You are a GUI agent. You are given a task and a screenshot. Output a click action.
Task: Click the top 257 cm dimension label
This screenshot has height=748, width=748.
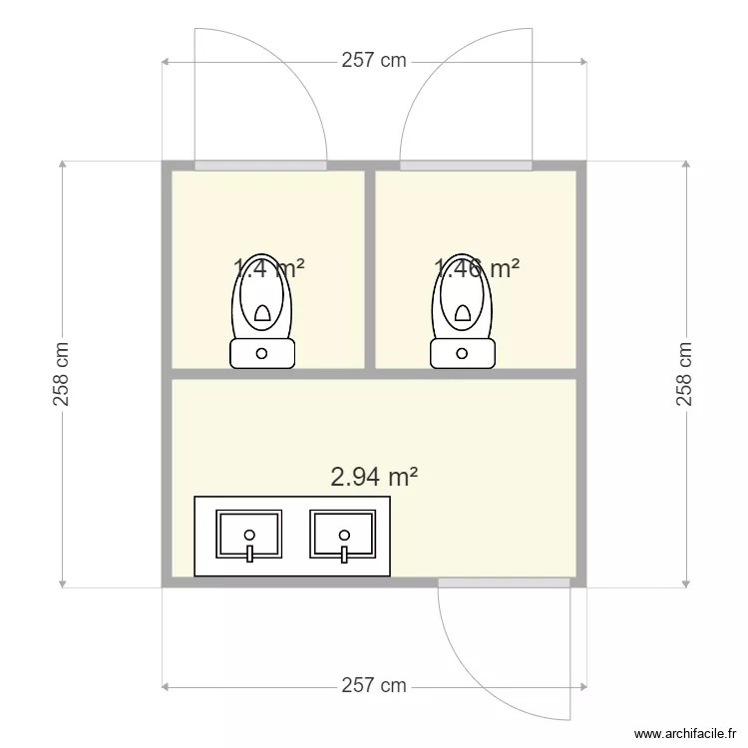(374, 60)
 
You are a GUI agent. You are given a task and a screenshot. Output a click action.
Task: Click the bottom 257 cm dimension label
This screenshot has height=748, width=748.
(374, 685)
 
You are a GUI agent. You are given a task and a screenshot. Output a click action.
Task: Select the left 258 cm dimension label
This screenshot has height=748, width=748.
(62, 374)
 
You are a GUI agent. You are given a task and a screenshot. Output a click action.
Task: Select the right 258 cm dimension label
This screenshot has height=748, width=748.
(685, 374)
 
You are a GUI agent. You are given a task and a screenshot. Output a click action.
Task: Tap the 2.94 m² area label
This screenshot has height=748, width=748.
(374, 477)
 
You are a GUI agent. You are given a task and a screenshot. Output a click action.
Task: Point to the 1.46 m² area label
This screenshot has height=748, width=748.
(477, 267)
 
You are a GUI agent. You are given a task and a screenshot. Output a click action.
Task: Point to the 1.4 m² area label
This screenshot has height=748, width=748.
(268, 267)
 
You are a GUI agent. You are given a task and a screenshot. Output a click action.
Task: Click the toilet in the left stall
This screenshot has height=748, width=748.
(262, 299)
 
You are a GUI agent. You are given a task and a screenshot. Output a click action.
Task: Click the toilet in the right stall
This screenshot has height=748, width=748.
(463, 299)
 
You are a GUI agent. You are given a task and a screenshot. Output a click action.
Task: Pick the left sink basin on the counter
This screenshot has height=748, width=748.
(249, 534)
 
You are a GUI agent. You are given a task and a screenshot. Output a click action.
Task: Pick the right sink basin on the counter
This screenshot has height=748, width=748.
(343, 534)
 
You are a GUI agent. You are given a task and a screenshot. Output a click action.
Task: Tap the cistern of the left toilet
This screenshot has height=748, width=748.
(262, 353)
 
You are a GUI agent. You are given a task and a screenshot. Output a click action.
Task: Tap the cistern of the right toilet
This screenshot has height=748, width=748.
(463, 353)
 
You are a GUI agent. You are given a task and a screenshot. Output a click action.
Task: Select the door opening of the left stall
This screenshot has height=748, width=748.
(260, 165)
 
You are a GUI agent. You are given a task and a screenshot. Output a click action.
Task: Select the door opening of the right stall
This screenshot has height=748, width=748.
(466, 165)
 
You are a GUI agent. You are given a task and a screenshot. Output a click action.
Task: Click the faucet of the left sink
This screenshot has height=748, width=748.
(249, 551)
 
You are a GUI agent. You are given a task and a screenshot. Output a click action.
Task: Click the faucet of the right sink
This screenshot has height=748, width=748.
(343, 551)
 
